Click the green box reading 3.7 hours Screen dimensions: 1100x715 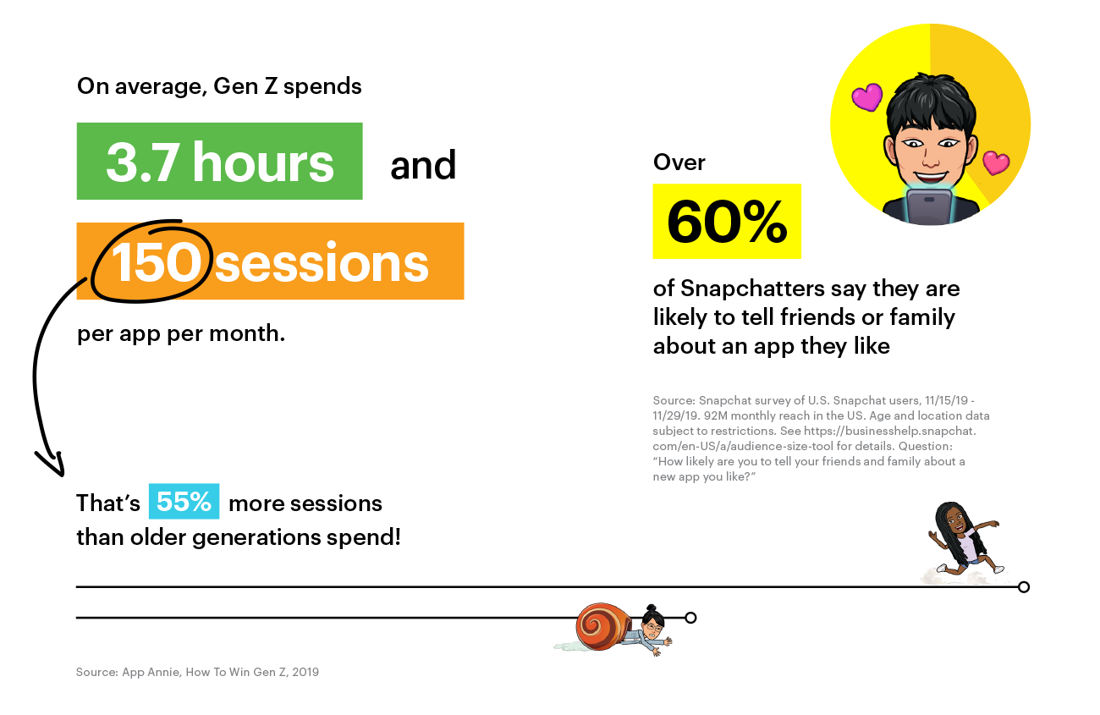click(x=219, y=161)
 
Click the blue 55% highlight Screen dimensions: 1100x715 click(x=184, y=502)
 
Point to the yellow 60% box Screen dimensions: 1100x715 click(x=727, y=222)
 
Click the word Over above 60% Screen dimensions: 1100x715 click(x=679, y=162)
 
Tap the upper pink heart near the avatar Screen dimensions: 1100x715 click(x=867, y=96)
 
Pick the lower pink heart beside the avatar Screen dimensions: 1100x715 click(x=996, y=162)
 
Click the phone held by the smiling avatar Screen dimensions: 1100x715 click(x=929, y=206)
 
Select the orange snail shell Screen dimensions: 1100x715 click(x=603, y=627)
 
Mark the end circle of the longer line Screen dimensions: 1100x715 click(x=1024, y=587)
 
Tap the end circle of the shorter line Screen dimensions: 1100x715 click(x=690, y=618)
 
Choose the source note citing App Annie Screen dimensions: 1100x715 click(x=197, y=672)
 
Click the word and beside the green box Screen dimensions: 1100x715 click(x=423, y=165)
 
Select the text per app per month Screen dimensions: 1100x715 click(x=181, y=334)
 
